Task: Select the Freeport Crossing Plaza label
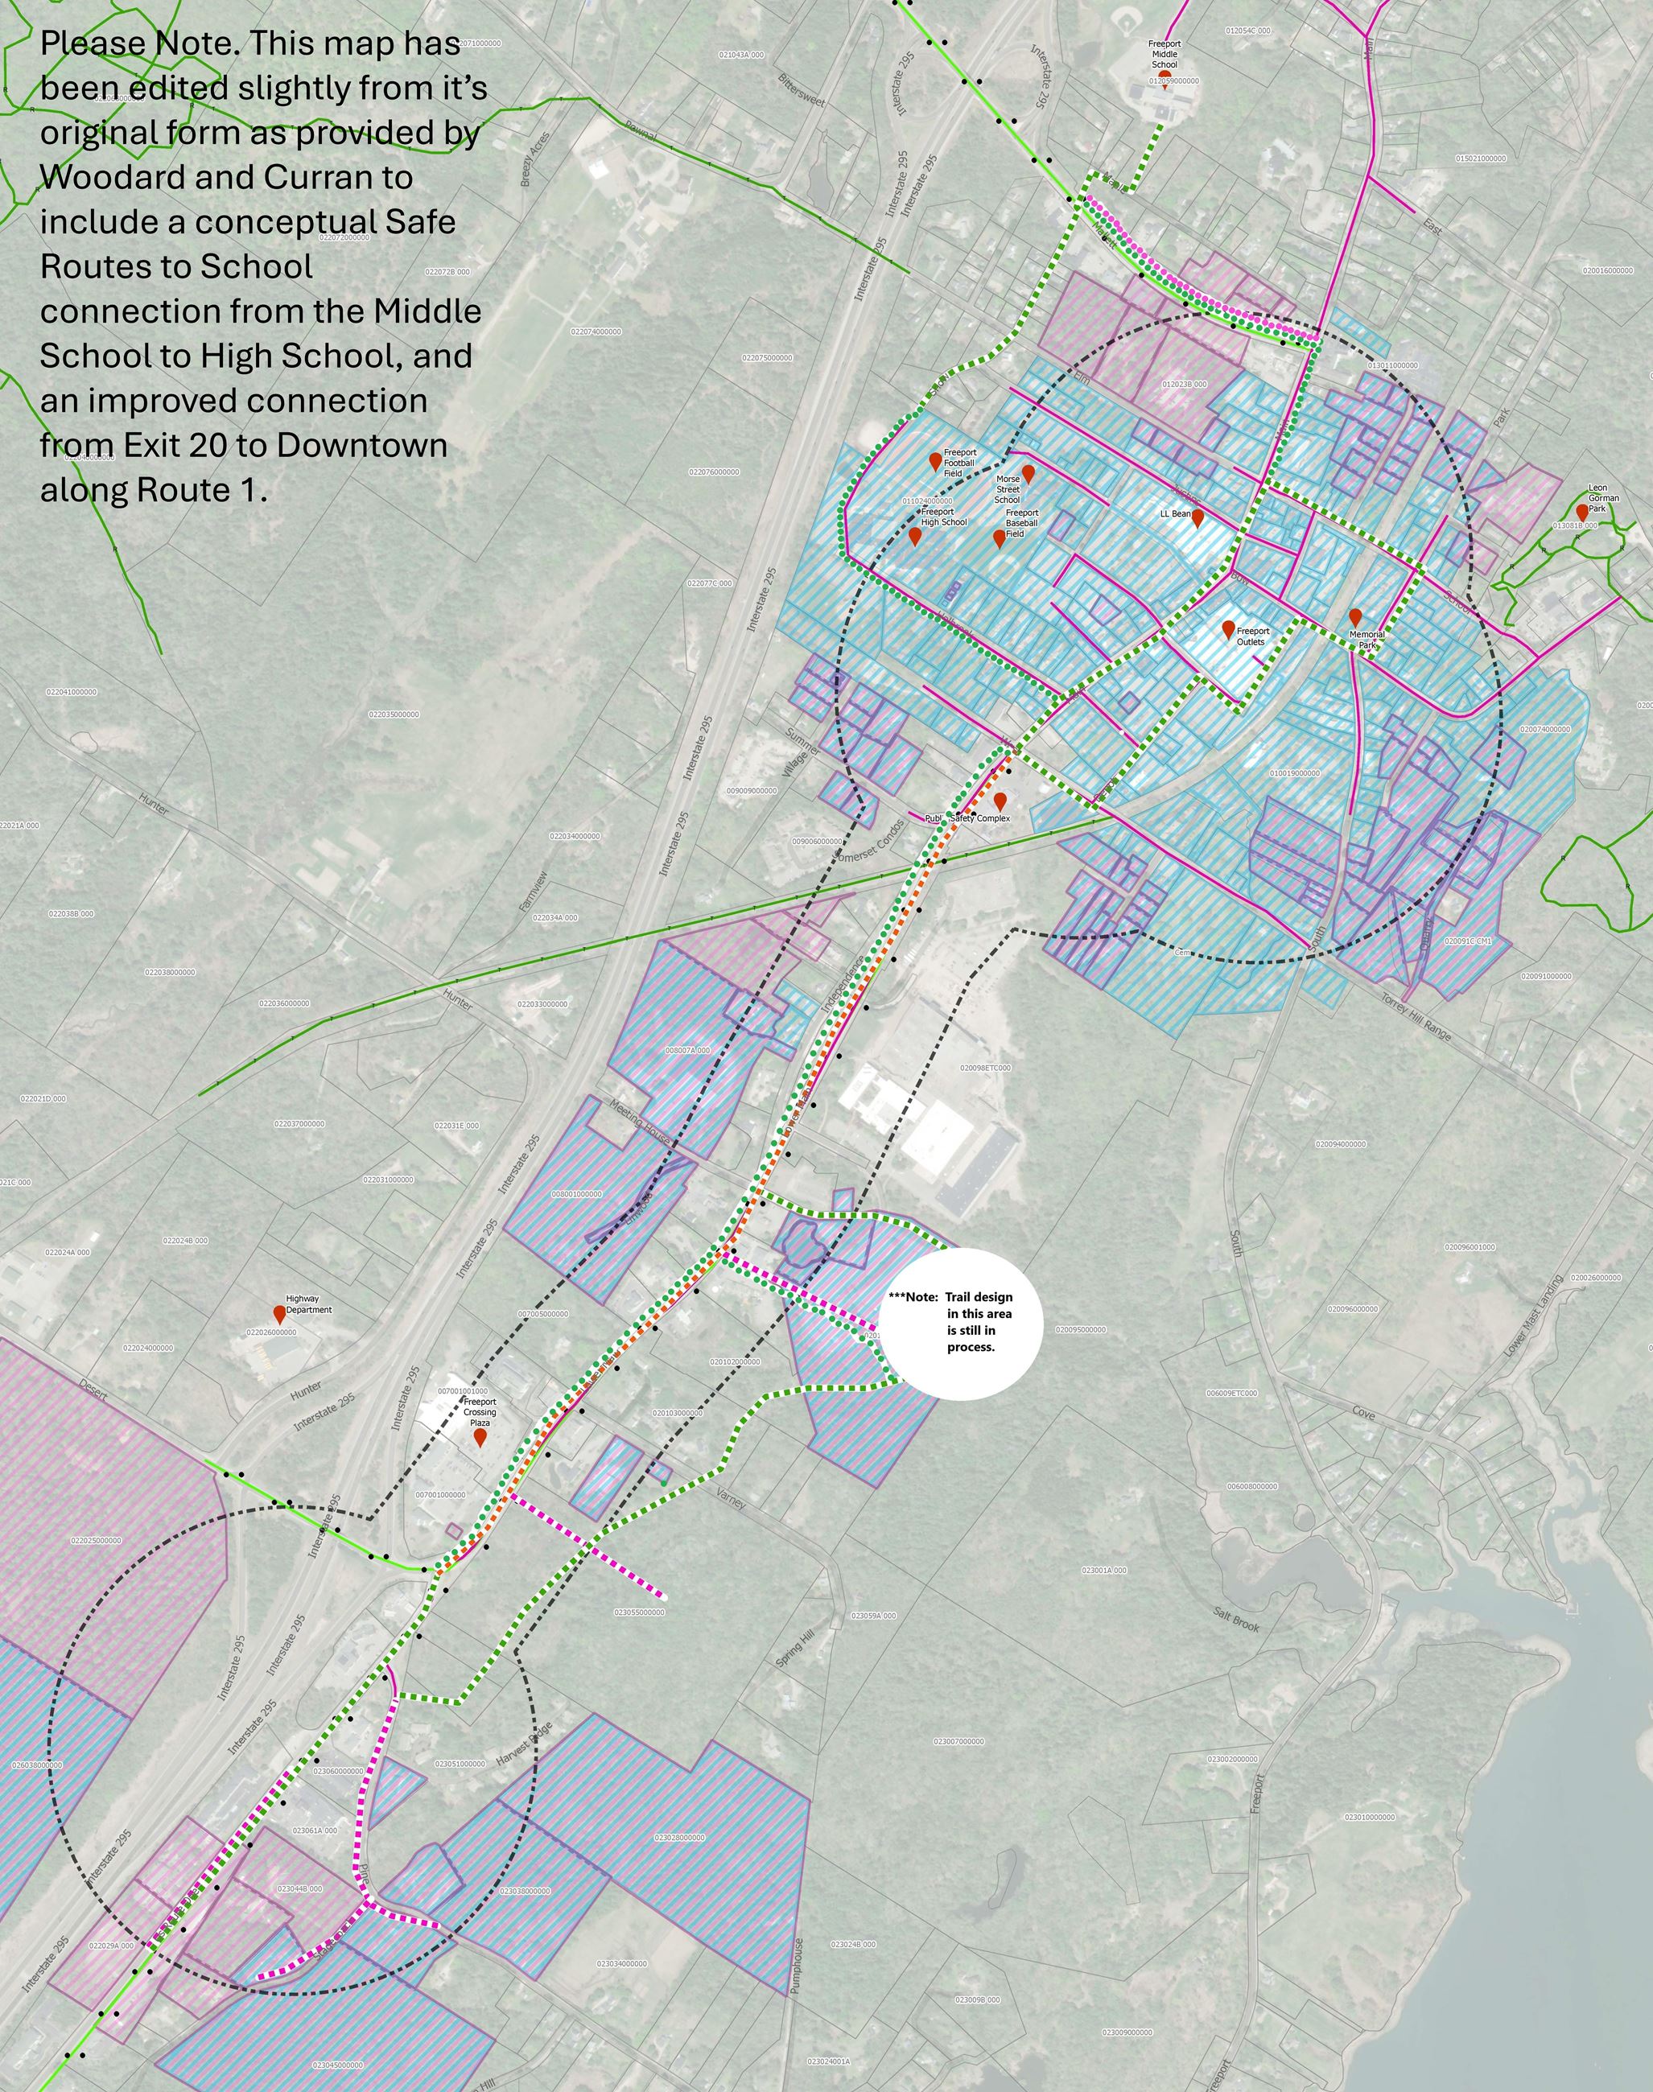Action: (479, 1412)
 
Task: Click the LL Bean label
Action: (1175, 514)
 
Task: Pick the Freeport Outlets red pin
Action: (1228, 630)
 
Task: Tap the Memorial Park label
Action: (1367, 640)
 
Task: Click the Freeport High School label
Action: (944, 517)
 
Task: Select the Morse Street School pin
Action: (1028, 474)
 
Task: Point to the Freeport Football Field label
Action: (959, 463)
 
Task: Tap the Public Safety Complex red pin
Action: (1000, 801)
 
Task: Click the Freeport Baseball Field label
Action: (1021, 524)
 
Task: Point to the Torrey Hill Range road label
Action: (1416, 1017)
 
